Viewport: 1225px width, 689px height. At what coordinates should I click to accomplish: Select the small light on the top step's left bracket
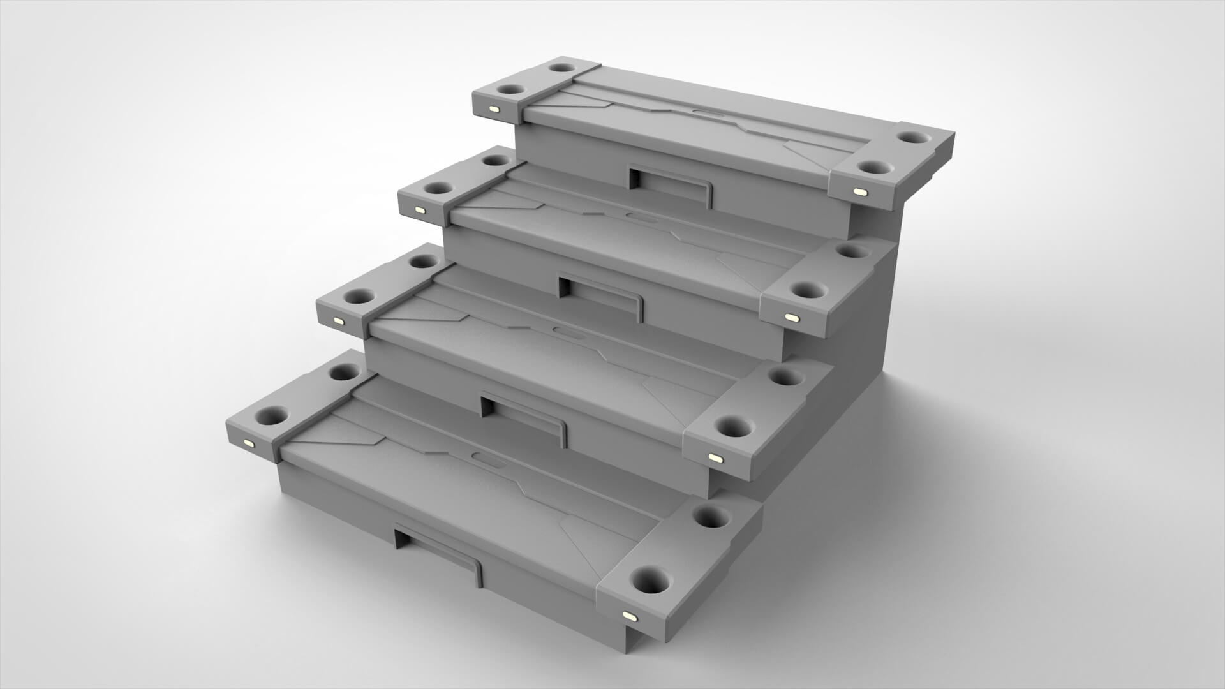[x=494, y=109]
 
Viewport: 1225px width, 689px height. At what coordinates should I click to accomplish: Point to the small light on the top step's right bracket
[x=859, y=191]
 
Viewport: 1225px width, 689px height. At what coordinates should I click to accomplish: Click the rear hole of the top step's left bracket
[x=562, y=67]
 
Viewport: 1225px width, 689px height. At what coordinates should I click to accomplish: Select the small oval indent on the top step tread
[x=704, y=115]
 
